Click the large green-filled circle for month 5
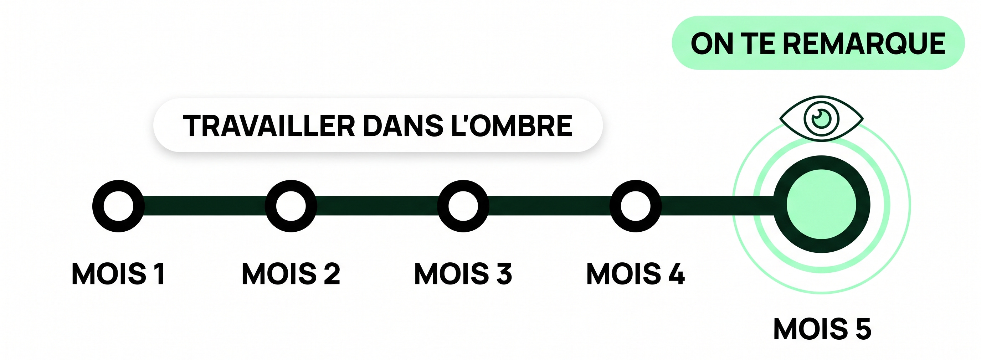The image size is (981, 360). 821,204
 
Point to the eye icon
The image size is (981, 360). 821,119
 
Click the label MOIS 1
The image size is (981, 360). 118,273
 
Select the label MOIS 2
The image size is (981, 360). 291,273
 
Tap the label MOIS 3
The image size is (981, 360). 463,273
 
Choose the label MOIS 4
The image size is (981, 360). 636,273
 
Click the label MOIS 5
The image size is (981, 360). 823,329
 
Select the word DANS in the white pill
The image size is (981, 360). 403,125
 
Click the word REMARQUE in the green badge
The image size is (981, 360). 864,43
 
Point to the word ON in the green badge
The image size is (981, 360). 712,43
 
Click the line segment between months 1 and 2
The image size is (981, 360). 205,206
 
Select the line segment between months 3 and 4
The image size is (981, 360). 550,206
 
